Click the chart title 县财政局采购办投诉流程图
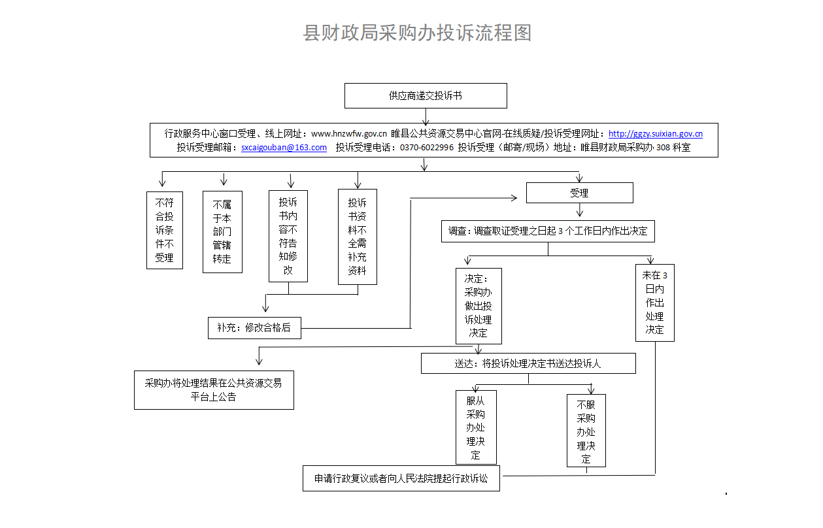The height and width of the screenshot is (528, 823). pos(417,33)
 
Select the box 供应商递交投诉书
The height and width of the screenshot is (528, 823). pos(426,96)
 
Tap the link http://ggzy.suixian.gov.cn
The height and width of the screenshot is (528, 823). pos(656,134)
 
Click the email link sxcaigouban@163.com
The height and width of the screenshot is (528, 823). pos(284,148)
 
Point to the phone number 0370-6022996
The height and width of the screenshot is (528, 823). pos(427,148)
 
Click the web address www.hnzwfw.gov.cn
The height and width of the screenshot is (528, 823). pos(349,134)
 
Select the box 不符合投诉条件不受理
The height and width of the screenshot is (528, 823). pos(165,230)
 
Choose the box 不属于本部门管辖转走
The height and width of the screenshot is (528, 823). pos(222,232)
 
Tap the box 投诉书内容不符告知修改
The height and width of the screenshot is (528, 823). pos(288,236)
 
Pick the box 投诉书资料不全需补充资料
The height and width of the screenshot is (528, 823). pos(358,237)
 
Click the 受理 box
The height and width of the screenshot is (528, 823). pos(579,193)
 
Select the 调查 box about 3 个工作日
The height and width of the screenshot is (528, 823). pos(548,231)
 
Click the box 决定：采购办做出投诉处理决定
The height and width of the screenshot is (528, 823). pos(479,306)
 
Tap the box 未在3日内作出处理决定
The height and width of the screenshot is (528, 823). pos(655,303)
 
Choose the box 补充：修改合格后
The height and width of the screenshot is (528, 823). pos(254,328)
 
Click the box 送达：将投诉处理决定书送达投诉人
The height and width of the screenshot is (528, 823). pos(528,363)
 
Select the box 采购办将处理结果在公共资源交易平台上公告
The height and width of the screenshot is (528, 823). pos(214,390)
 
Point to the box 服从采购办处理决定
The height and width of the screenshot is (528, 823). pos(476,427)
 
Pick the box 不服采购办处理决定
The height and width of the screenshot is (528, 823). pos(586,431)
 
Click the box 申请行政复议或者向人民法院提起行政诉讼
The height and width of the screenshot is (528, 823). pos(401,478)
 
